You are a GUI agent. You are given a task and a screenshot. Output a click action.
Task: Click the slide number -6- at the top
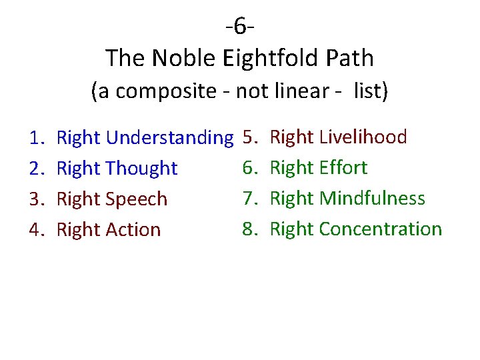[241, 27]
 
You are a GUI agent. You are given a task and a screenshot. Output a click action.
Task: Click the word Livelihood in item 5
[363, 137]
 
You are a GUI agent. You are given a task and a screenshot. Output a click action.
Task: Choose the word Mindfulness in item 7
[372, 198]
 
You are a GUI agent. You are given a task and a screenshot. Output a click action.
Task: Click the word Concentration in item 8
[381, 229]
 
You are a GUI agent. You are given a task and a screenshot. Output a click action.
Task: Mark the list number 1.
[36, 138]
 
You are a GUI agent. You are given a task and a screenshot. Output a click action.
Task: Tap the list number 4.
[36, 229]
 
